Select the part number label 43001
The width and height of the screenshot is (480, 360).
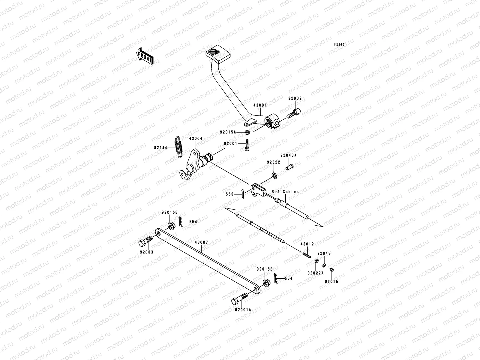coord(260,105)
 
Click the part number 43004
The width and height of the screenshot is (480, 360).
coord(196,139)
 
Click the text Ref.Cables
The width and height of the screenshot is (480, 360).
coord(285,192)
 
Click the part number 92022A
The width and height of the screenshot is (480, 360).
coord(315,273)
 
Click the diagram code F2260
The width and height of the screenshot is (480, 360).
coord(340,44)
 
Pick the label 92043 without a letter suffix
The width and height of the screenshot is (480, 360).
coord(324,253)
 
